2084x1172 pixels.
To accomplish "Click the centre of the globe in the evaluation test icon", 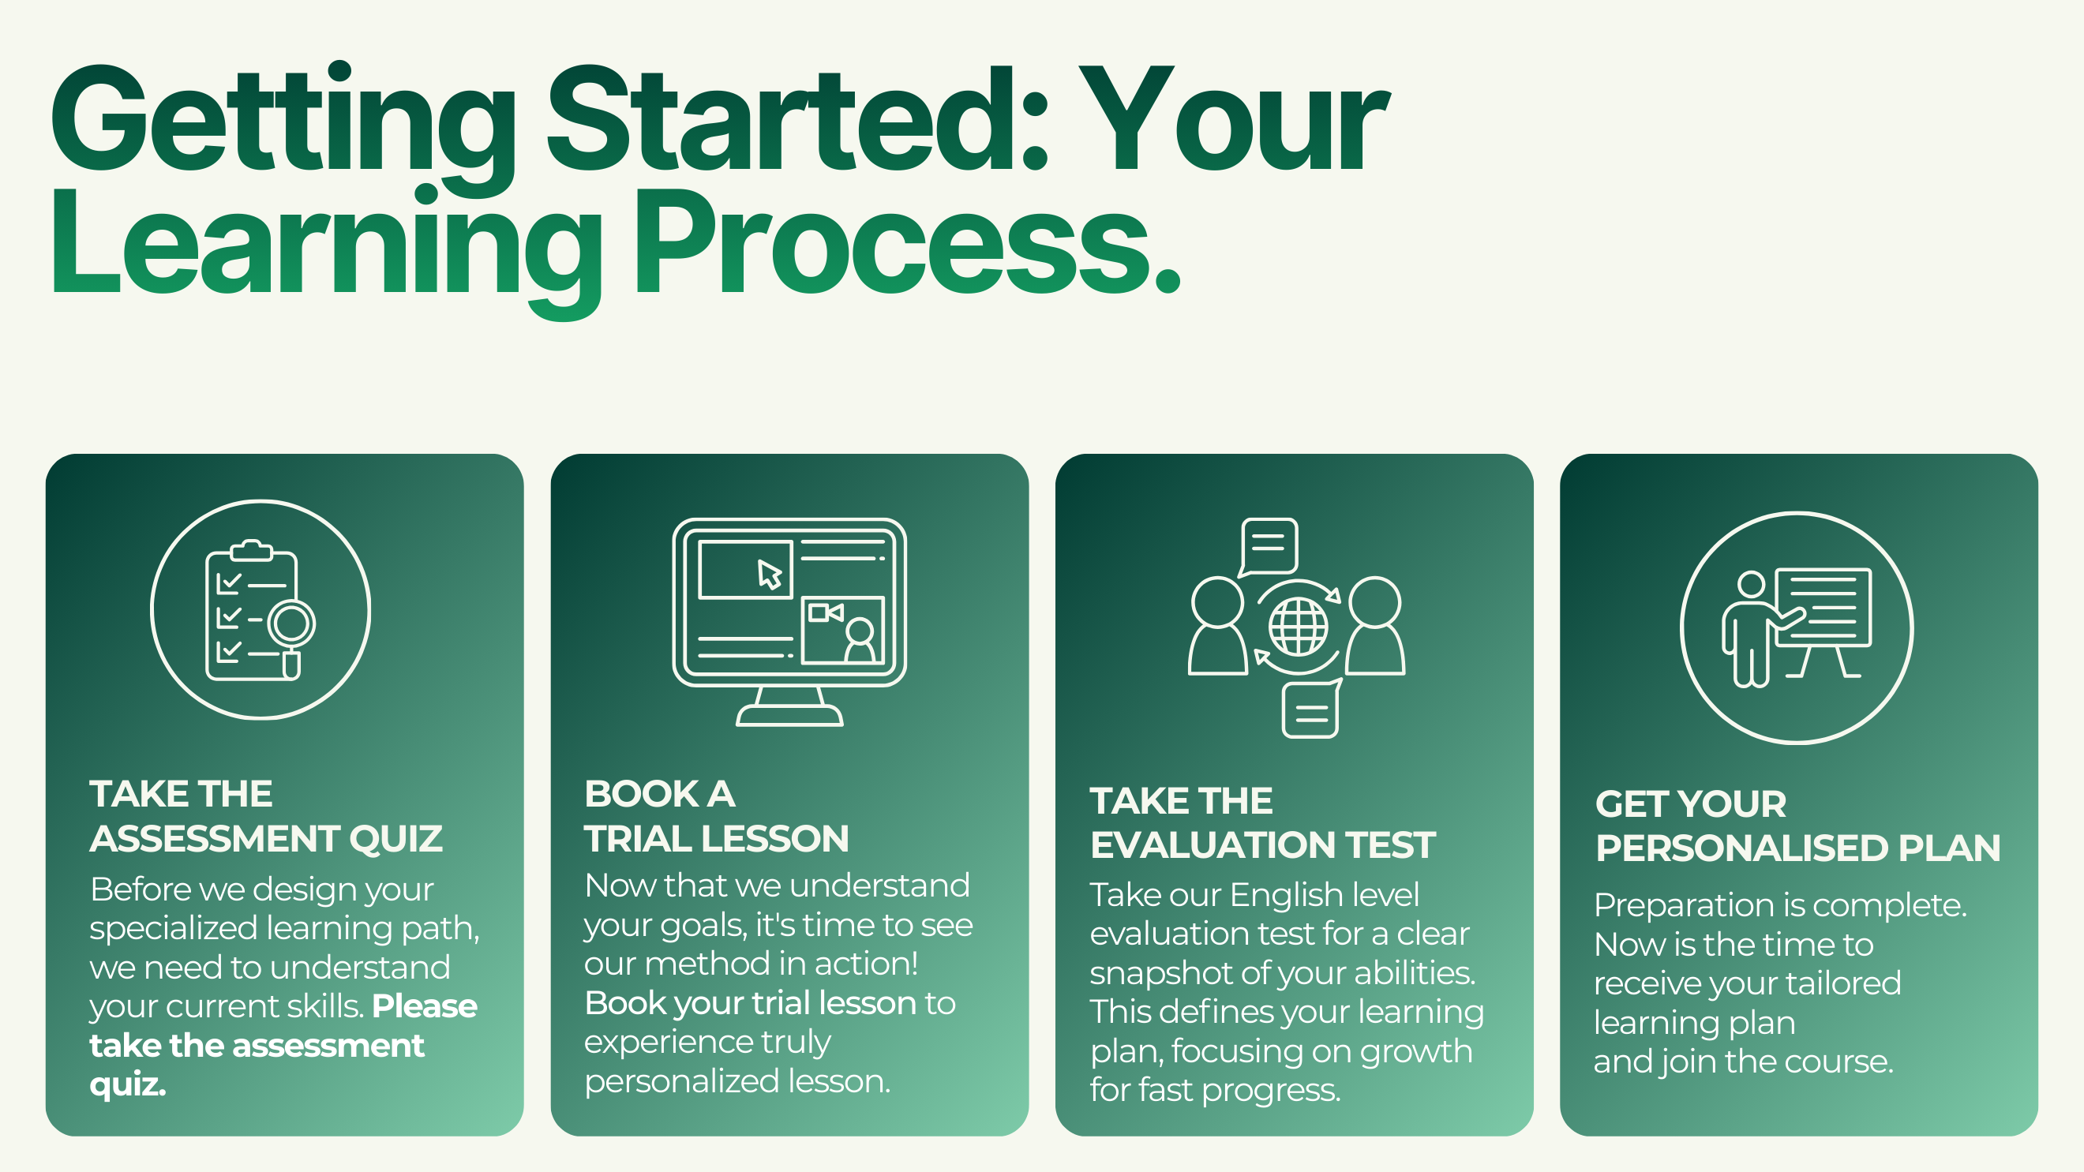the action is coord(1298,627).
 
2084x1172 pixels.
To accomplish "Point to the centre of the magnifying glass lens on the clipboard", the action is coord(291,622).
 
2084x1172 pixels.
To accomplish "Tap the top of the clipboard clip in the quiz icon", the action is coord(252,543).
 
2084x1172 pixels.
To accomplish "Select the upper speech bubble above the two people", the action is coord(1268,548).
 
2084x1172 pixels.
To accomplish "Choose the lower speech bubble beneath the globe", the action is coord(1312,709).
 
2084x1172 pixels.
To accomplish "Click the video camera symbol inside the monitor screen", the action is coord(826,612).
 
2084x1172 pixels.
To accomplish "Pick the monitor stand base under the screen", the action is coord(789,715).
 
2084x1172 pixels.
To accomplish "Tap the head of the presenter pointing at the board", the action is coord(1752,584).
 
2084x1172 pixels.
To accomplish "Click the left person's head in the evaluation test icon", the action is coord(1217,601).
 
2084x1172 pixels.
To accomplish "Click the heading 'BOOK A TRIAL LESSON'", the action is coord(717,816).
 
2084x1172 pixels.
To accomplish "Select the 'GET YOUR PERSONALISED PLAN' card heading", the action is coord(1797,826).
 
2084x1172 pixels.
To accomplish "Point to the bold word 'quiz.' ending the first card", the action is coord(128,1084).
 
